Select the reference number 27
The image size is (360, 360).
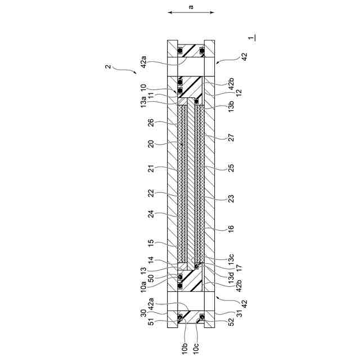[x=231, y=137]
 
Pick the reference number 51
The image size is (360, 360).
[x=151, y=321]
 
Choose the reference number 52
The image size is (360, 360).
[x=231, y=321]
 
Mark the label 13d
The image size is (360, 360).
[x=231, y=277]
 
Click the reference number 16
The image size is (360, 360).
[x=231, y=229]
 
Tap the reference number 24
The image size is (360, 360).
[x=151, y=214]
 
